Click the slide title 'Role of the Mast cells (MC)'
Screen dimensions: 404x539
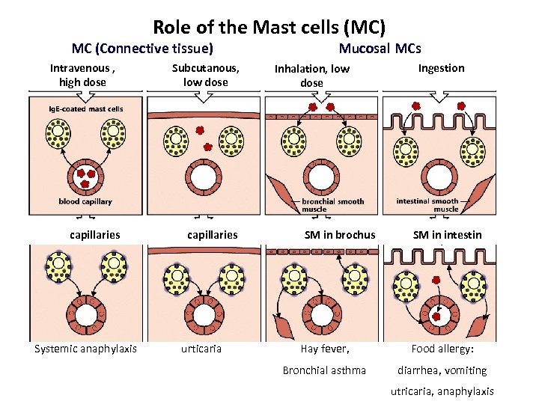click(269, 28)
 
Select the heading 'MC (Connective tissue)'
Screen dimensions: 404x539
click(142, 49)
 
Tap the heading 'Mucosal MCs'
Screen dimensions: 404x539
click(380, 49)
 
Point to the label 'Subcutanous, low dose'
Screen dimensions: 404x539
click(205, 75)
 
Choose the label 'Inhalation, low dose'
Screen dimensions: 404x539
click(311, 76)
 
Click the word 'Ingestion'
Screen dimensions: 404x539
click(441, 68)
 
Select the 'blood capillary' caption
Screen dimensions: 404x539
click(85, 202)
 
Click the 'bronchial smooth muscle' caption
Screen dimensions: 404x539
click(332, 205)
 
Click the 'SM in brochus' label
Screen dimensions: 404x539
click(340, 235)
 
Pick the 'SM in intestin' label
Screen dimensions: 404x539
click(448, 235)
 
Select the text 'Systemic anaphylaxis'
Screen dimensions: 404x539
click(85, 349)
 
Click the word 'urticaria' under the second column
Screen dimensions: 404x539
click(201, 349)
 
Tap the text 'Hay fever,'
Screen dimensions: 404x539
click(325, 349)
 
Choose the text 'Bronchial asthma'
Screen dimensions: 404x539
click(324, 370)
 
